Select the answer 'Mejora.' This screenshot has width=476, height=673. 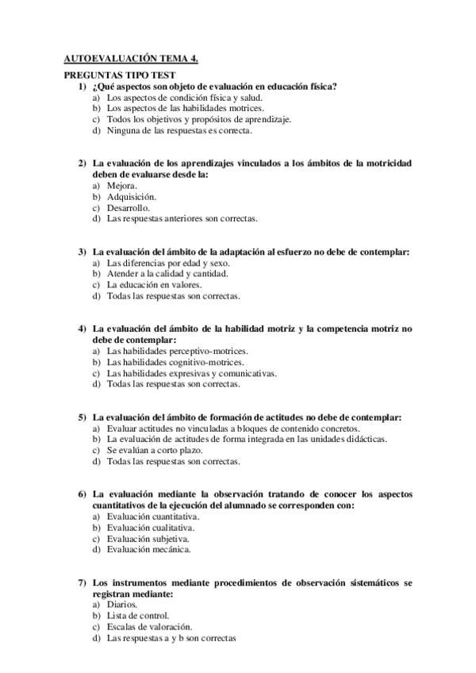[122, 185]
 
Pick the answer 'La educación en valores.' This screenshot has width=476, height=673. [155, 284]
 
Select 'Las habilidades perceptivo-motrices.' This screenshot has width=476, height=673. [177, 351]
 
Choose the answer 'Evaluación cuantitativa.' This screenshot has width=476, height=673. [153, 516]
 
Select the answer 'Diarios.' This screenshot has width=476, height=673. [122, 604]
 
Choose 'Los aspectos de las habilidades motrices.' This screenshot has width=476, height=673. [186, 108]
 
